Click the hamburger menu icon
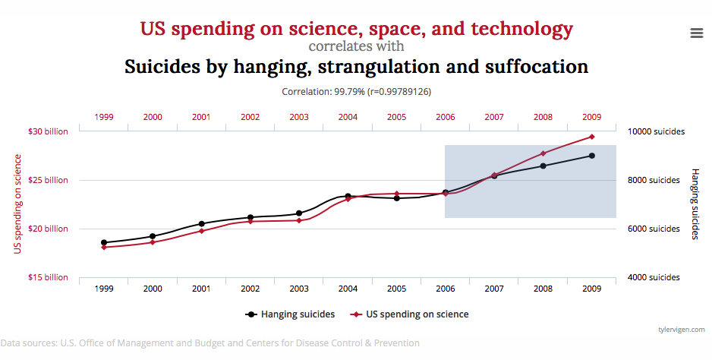point(696,33)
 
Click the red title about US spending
point(356,30)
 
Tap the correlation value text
point(356,91)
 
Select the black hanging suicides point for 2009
point(591,156)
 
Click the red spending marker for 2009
point(591,137)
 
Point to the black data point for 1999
point(104,242)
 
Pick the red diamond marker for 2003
point(299,220)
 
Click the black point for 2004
point(348,197)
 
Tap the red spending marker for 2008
point(543,153)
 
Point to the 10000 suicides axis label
point(657,131)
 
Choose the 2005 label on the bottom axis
point(396,289)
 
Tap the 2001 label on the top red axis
point(201,117)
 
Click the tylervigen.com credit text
point(682,329)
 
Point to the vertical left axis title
point(17,204)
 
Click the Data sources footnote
point(210,343)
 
